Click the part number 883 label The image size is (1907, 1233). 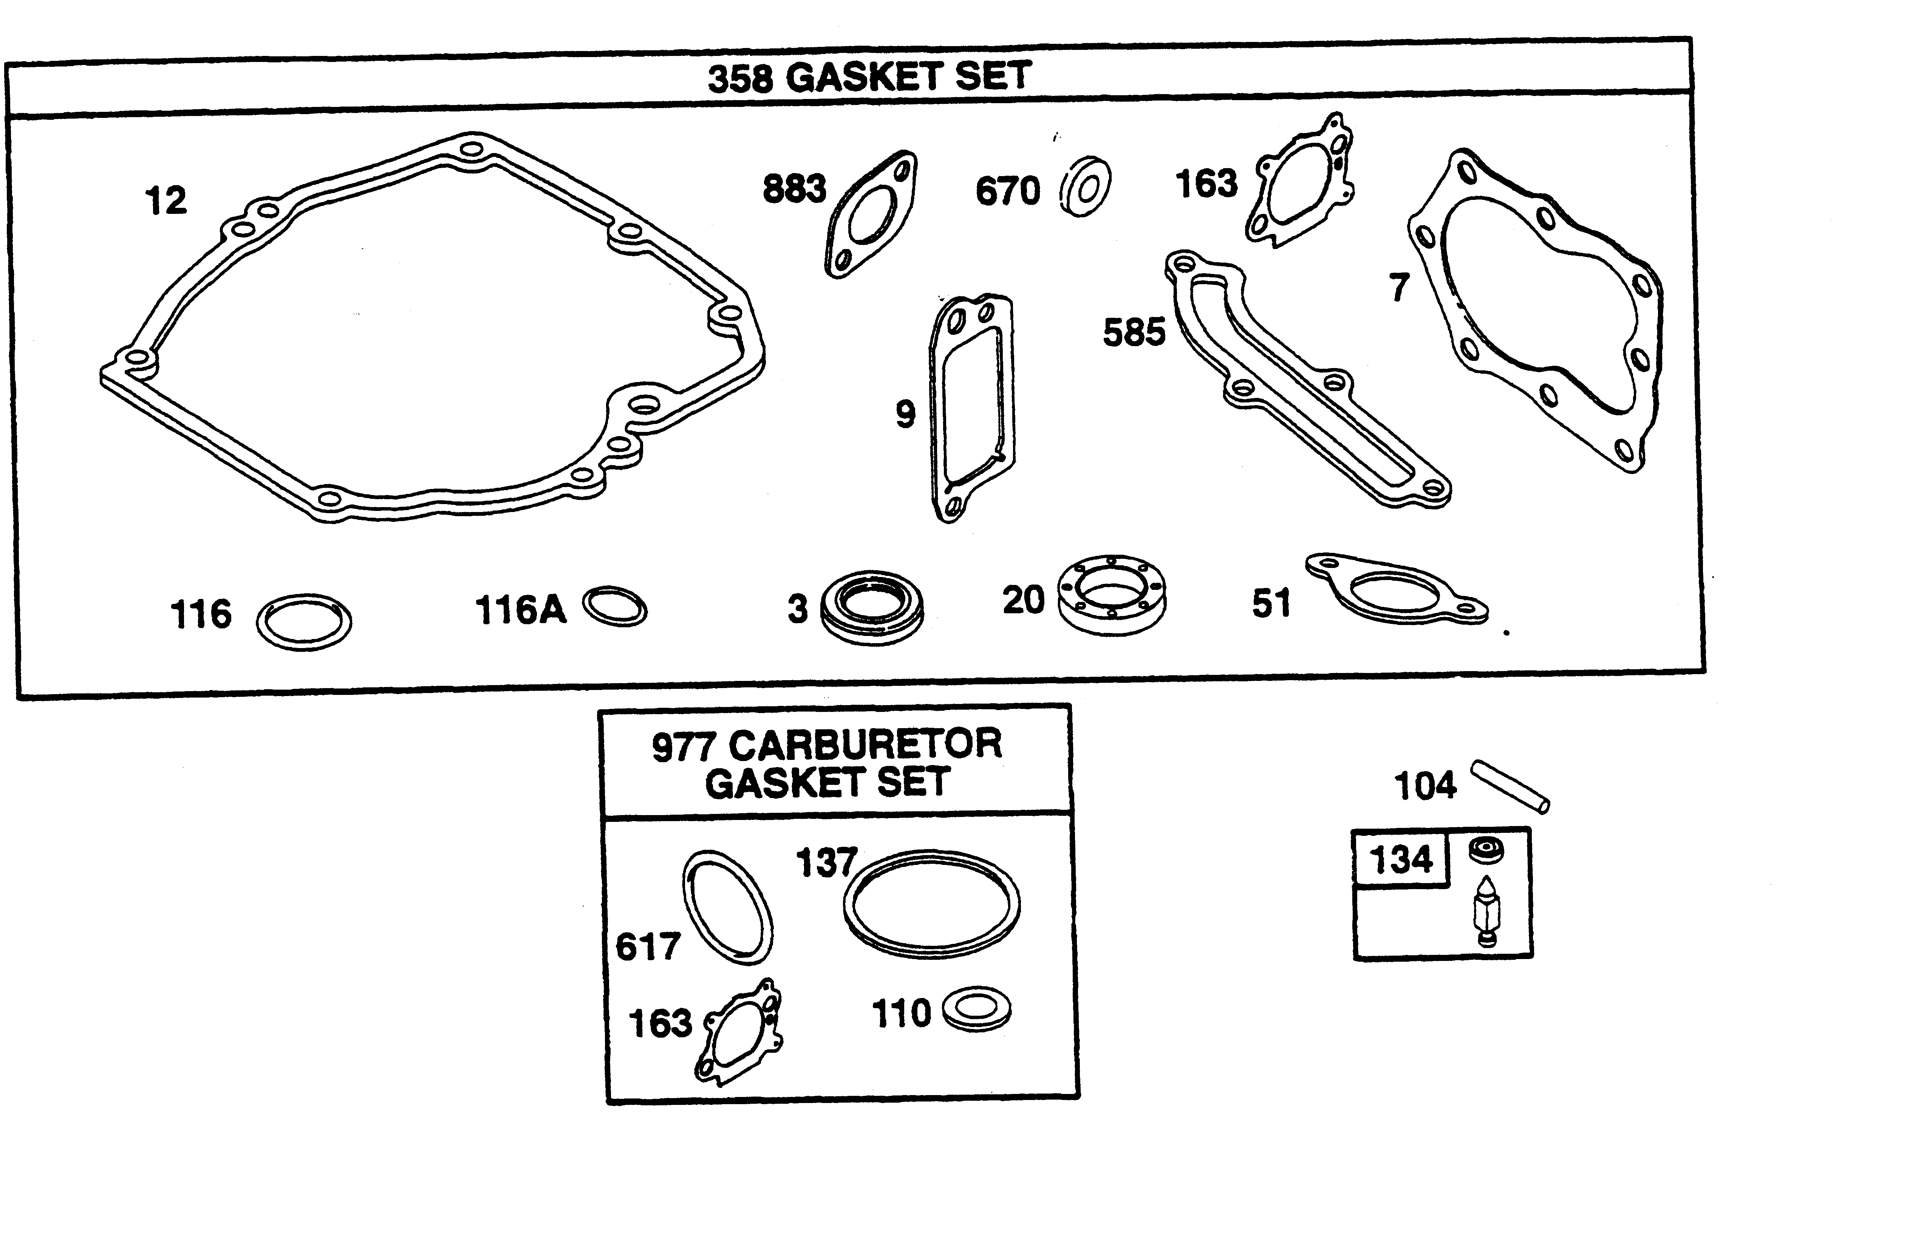(793, 189)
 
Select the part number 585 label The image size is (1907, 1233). (1134, 332)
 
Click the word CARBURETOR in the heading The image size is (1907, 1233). (865, 745)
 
